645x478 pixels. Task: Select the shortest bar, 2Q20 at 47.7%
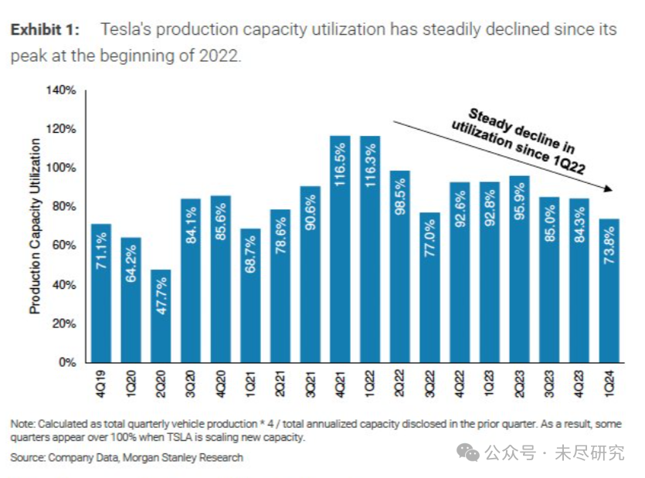click(x=160, y=316)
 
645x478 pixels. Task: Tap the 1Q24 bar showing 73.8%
click(x=609, y=290)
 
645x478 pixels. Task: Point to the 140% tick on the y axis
click(x=61, y=90)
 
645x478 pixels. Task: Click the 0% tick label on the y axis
click(x=66, y=362)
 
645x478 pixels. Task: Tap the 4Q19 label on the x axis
click(x=101, y=383)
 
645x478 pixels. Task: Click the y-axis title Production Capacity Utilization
click(x=36, y=225)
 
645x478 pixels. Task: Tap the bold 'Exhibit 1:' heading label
click(x=44, y=30)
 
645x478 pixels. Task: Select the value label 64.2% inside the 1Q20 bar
click(x=131, y=266)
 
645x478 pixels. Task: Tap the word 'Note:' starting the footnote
click(x=22, y=424)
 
